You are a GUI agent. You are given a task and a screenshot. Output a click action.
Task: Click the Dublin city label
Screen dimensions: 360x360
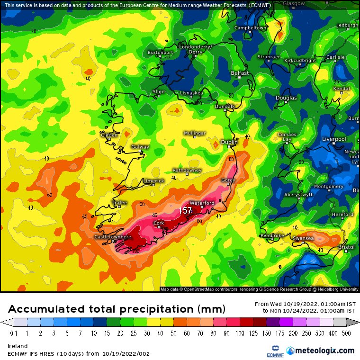(229, 142)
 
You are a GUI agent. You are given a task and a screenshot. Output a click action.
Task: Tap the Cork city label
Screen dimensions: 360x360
(159, 223)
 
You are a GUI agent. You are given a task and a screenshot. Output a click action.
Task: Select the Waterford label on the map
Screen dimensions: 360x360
(202, 203)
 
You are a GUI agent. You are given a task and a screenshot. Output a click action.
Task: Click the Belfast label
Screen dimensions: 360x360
(240, 73)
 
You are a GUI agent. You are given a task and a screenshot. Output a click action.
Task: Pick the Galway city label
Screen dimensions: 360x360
(140, 147)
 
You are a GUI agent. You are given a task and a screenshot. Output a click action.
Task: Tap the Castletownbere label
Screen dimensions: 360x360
(113, 236)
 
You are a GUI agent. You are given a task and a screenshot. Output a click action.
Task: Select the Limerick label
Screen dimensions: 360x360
(153, 181)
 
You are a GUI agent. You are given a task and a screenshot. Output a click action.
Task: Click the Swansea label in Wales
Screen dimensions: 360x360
(303, 238)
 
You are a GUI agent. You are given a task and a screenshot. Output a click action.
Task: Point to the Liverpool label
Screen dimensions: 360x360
(334, 139)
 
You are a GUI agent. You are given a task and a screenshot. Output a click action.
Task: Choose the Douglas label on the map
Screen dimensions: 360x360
(286, 98)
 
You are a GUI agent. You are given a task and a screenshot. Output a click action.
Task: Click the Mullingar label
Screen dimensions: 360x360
(195, 134)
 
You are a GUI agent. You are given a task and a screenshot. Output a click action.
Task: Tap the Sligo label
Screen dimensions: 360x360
(159, 91)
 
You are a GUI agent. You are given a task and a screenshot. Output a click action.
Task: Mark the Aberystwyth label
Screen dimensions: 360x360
(299, 195)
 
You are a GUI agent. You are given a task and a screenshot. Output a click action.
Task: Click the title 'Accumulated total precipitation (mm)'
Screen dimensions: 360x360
(117, 309)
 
